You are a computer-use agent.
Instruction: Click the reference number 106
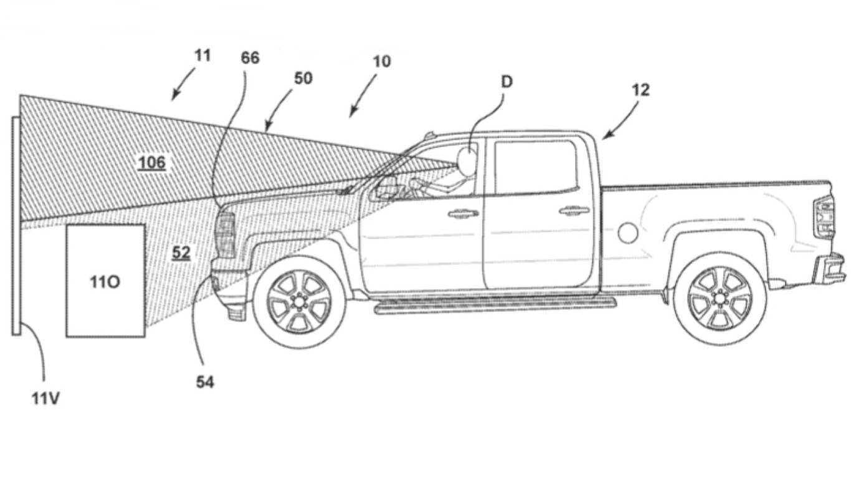(152, 163)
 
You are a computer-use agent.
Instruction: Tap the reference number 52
(181, 253)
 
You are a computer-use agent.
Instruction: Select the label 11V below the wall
(45, 398)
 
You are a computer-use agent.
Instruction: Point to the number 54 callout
(205, 382)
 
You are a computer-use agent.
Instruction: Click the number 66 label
(250, 58)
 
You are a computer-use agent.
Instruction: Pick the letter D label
(506, 82)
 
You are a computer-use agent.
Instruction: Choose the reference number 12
(640, 90)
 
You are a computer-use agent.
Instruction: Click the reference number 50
(303, 79)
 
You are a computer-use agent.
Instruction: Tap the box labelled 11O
(105, 281)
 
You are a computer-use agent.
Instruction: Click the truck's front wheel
(299, 302)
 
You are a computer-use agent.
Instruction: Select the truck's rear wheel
(720, 298)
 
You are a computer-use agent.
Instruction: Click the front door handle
(463, 213)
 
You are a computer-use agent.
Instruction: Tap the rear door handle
(574, 211)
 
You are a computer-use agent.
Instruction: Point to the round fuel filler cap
(628, 233)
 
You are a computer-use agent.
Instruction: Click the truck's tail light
(824, 217)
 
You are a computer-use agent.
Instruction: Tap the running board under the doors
(495, 305)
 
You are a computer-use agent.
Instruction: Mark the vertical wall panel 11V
(16, 225)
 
